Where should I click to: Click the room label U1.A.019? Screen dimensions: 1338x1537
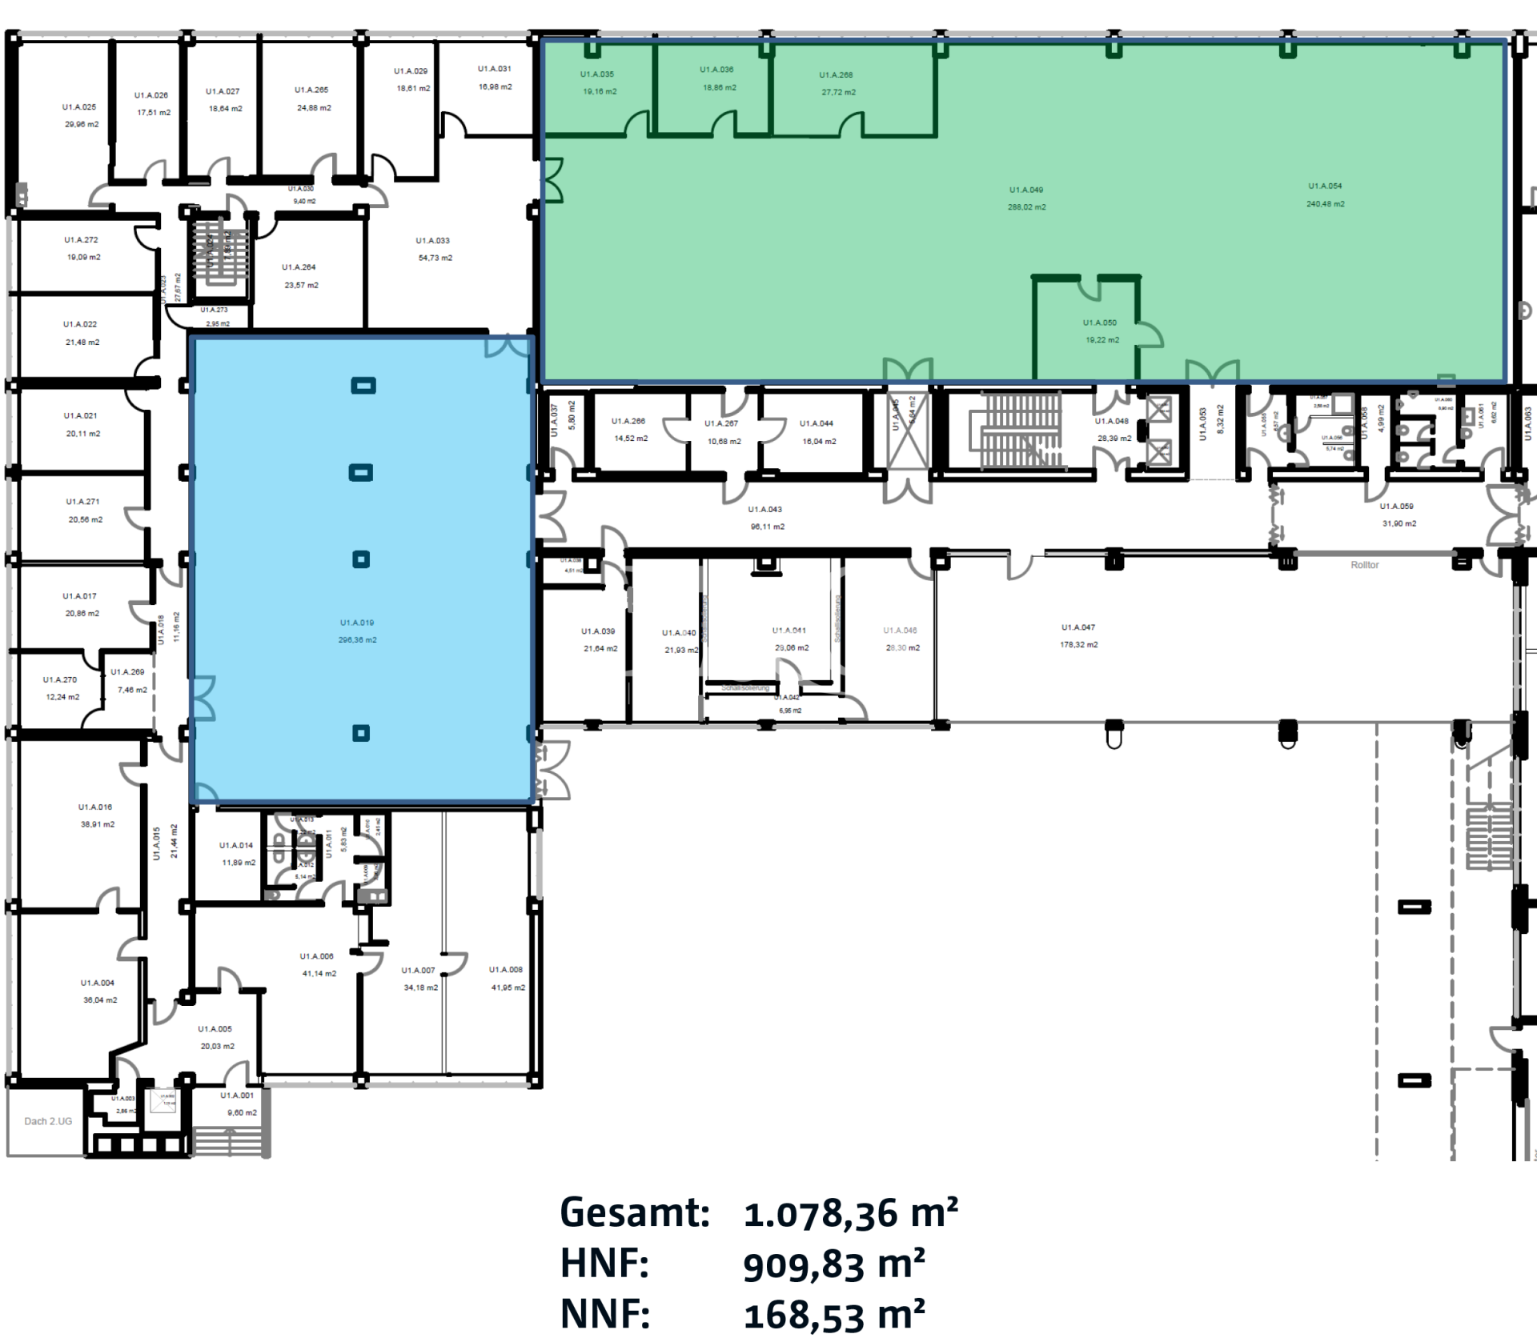[357, 623]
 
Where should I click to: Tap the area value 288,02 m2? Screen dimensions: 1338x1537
[1026, 207]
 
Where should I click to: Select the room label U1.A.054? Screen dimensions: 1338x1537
[1325, 186]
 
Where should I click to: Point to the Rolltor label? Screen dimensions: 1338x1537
[1365, 565]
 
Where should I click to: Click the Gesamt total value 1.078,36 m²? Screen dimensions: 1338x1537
[850, 1213]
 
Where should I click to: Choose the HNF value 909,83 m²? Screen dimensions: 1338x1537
[833, 1265]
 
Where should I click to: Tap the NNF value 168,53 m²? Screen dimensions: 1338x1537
[833, 1315]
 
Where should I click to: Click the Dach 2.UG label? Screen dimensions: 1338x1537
[48, 1121]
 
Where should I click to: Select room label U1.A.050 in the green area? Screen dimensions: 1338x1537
[1100, 323]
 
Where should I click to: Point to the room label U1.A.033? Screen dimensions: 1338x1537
[432, 241]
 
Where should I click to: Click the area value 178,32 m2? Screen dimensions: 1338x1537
[1079, 645]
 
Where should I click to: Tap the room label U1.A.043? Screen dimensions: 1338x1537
[765, 510]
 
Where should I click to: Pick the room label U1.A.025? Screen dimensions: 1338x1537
[79, 107]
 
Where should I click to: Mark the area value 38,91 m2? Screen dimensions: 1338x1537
[98, 824]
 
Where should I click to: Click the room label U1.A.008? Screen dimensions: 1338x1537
[506, 970]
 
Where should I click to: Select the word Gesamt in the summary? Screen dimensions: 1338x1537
[635, 1213]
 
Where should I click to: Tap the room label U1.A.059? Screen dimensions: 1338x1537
[1396, 507]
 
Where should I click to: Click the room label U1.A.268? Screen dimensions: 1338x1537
[836, 75]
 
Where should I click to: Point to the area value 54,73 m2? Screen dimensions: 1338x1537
[435, 258]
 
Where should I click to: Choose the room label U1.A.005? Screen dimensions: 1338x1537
[215, 1029]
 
